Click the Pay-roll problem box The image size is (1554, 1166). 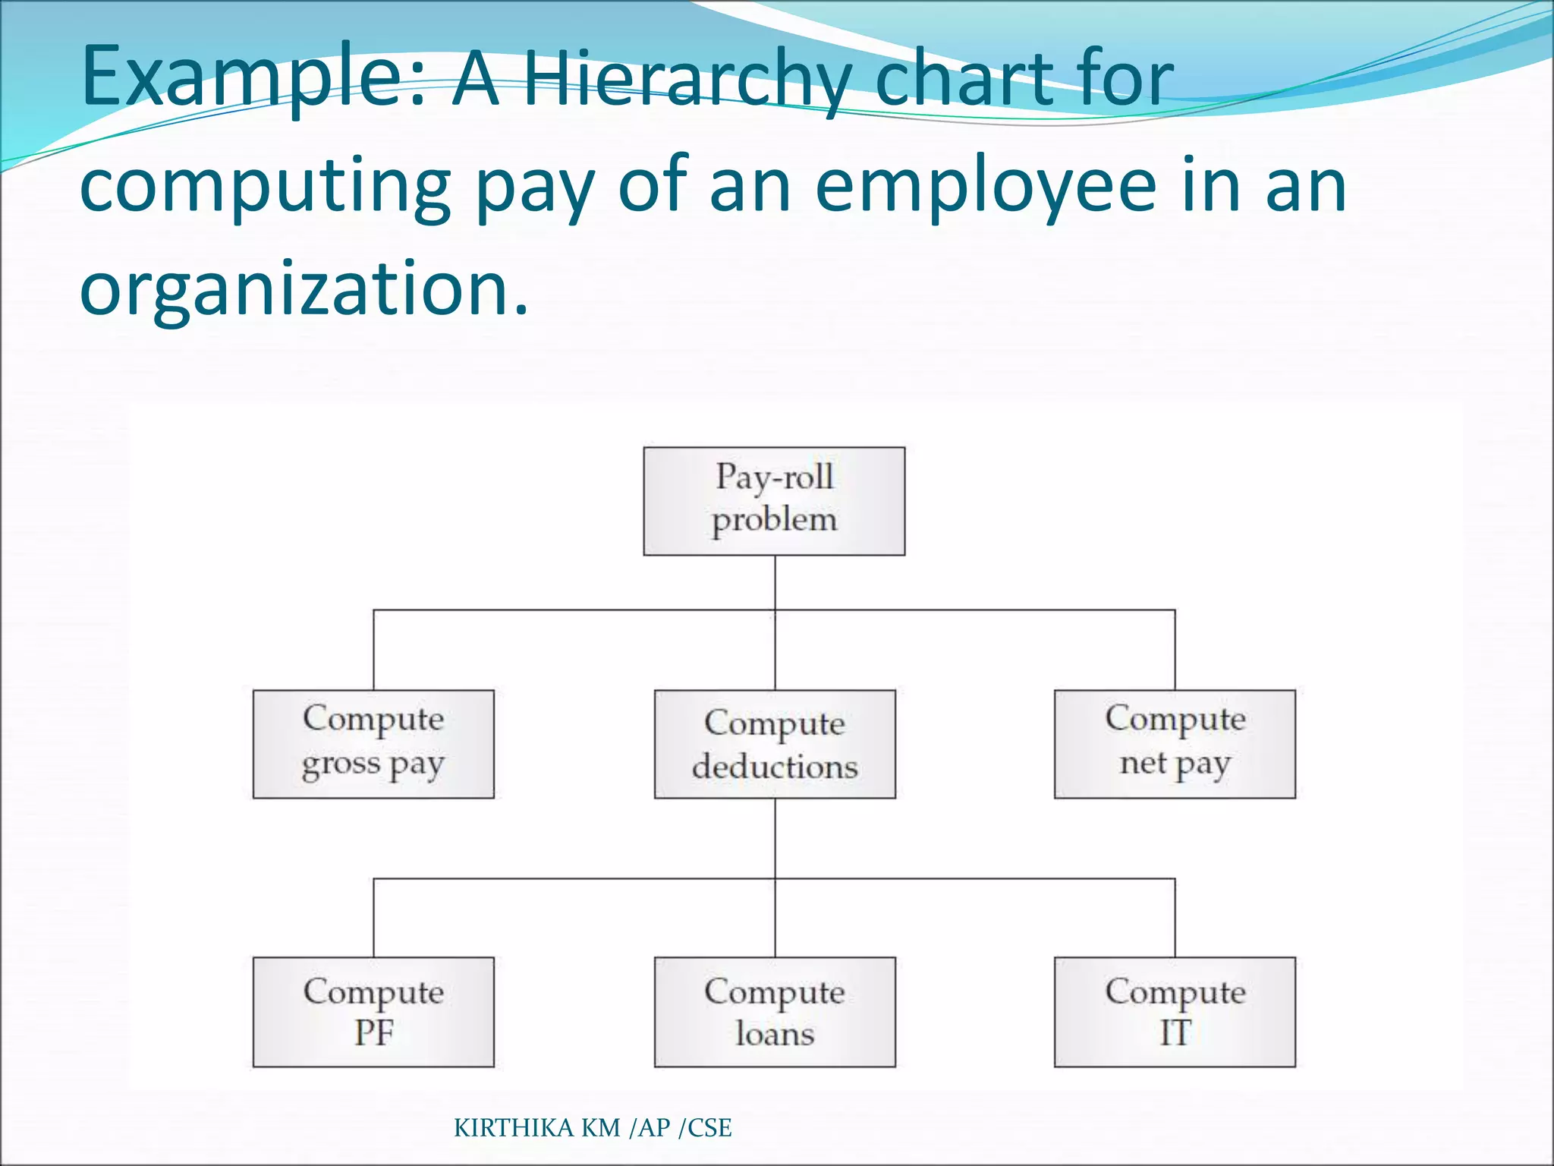coord(774,501)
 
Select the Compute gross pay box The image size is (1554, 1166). coord(373,744)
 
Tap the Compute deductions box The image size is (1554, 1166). coord(775,744)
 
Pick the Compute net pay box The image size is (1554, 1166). coord(1175,744)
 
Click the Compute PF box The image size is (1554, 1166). coord(373,1012)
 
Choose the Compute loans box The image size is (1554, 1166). coord(775,1012)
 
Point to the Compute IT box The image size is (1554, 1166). coord(1175,1012)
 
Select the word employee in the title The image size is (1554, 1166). coord(986,186)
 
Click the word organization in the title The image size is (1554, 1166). coord(304,288)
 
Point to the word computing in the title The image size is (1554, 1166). coord(266,186)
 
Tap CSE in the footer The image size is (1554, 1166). coord(709,1128)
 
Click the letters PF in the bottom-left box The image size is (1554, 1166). coord(374,1032)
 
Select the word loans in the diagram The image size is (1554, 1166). coord(775,1034)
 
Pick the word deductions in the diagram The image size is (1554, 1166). coord(775,767)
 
